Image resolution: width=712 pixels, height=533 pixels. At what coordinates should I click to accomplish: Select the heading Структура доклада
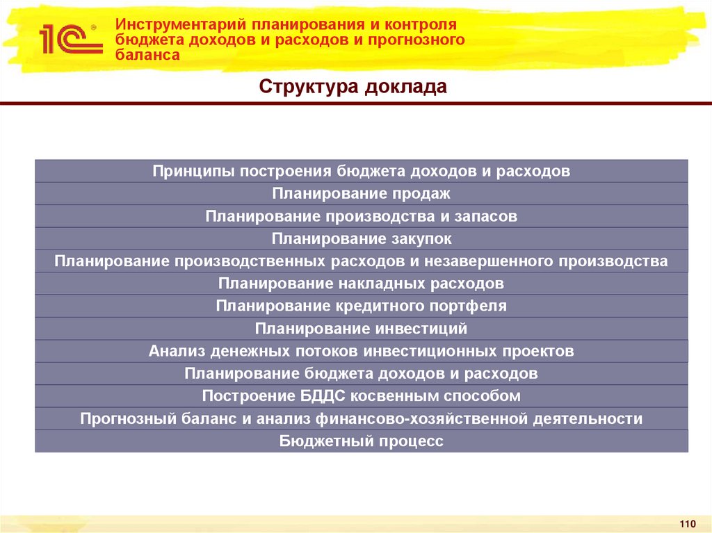click(x=353, y=87)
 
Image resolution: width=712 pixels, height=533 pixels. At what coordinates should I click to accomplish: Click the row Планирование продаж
click(x=362, y=194)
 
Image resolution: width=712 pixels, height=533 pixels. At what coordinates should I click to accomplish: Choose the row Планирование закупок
click(x=362, y=239)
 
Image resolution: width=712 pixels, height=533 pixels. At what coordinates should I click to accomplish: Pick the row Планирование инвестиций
click(x=362, y=329)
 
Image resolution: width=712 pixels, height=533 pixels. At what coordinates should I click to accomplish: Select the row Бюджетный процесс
click(x=362, y=441)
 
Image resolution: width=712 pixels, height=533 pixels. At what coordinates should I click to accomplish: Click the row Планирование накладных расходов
click(x=362, y=284)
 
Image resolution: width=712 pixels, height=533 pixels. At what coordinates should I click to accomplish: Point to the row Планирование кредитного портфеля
click(x=362, y=306)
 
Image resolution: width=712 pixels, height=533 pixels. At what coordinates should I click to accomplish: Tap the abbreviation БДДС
click(x=320, y=396)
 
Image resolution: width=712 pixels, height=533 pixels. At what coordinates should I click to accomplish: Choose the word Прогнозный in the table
click(x=120, y=419)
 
